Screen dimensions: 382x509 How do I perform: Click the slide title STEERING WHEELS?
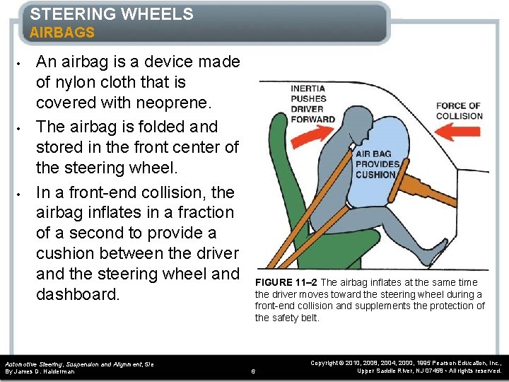(112, 14)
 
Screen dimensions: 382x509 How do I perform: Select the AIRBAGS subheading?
(62, 33)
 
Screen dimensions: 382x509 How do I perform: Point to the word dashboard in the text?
(78, 294)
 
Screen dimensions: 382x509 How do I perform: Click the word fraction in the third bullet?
(199, 212)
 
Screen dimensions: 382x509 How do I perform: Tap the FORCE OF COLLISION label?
(459, 111)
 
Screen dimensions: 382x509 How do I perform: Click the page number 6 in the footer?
(254, 371)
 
